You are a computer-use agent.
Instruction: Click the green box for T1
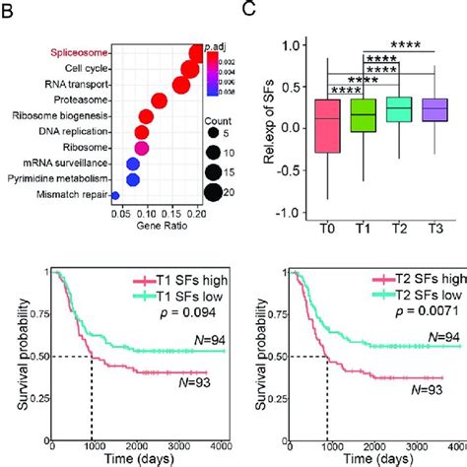pyautogui.click(x=336, y=117)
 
